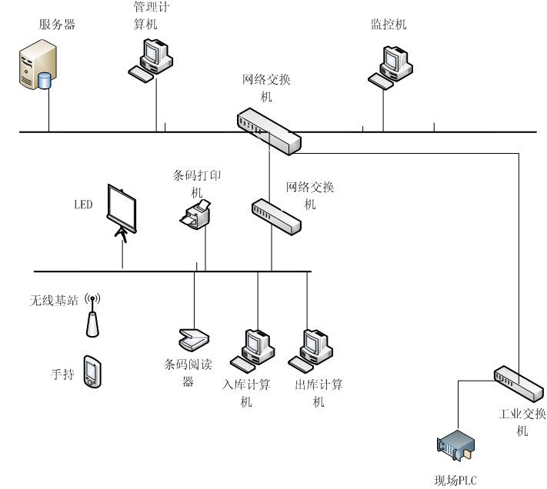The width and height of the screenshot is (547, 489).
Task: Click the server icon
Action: coord(38,68)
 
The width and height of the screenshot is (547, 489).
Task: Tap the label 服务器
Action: coord(57,25)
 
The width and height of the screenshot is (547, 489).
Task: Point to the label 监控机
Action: coord(388,25)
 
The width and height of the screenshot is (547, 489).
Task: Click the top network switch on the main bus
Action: coord(268,130)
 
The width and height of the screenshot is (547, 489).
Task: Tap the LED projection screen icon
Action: coord(122,211)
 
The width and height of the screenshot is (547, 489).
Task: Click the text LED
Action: coord(83,205)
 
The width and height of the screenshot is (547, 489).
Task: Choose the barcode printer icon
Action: coord(196,215)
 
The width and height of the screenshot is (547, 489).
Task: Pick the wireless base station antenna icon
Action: coord(92,314)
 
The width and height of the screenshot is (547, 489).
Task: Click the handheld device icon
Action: coord(92,371)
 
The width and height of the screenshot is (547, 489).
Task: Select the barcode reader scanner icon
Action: coord(192,338)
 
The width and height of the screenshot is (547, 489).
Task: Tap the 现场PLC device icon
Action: coord(455,449)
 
